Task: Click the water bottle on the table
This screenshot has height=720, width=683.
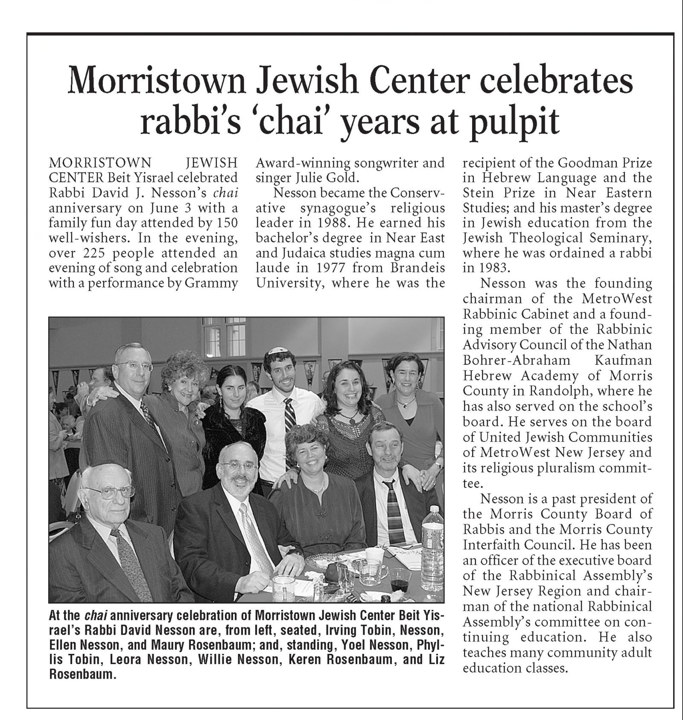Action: pyautogui.click(x=432, y=537)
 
